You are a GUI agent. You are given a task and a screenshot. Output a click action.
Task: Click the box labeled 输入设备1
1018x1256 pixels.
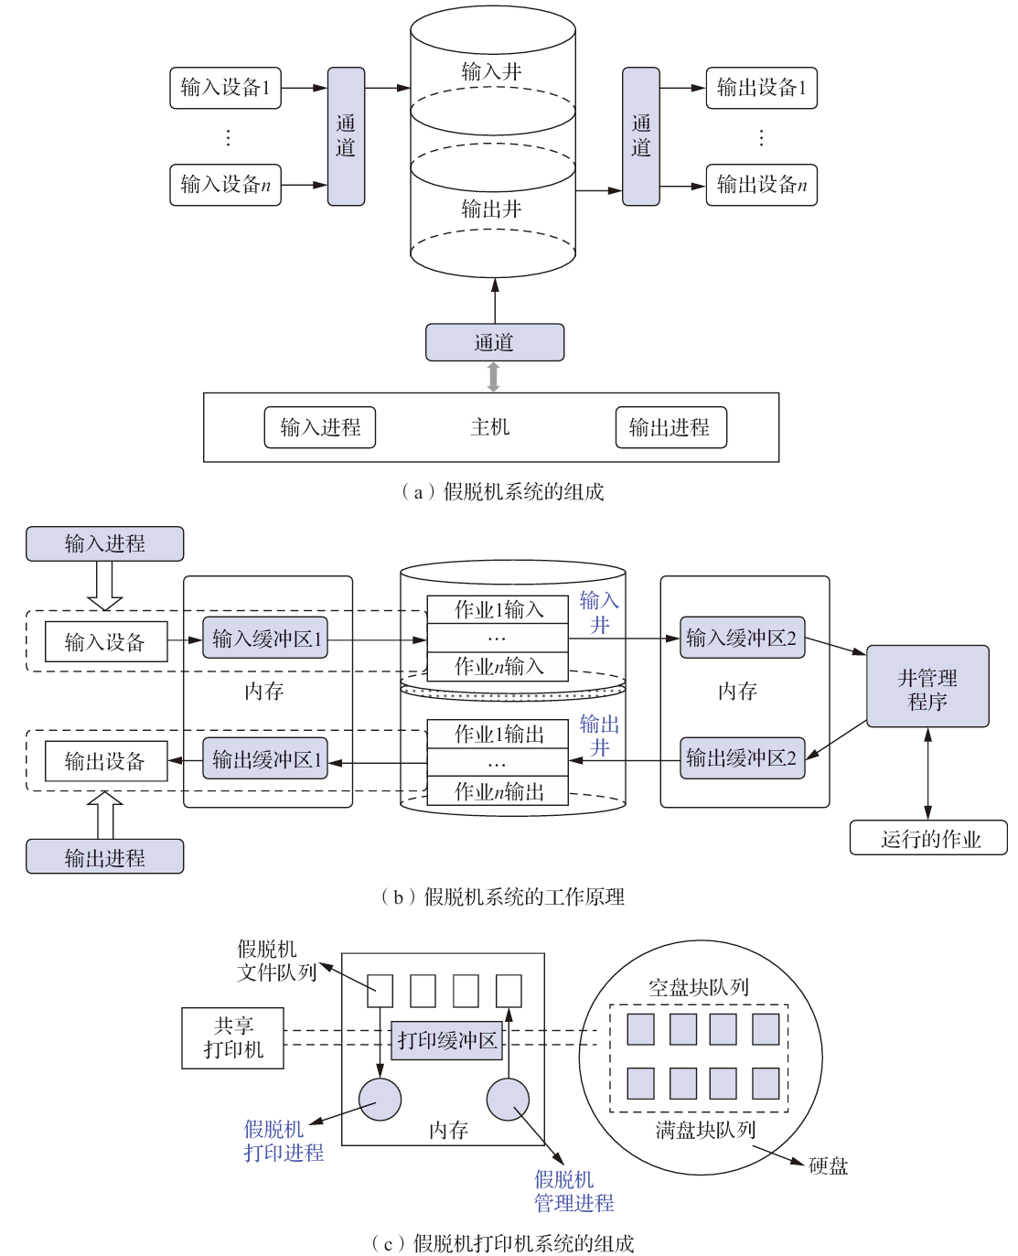click(x=225, y=88)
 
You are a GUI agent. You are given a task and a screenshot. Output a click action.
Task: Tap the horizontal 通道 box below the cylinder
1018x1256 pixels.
click(x=494, y=342)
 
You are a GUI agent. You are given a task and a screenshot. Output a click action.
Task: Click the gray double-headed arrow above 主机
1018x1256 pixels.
click(x=493, y=377)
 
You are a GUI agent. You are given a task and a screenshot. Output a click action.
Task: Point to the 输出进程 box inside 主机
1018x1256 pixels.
click(x=670, y=427)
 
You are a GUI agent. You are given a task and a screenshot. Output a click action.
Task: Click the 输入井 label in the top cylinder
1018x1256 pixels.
click(x=491, y=71)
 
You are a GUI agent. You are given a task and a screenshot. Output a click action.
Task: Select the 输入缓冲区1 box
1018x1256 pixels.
click(x=264, y=638)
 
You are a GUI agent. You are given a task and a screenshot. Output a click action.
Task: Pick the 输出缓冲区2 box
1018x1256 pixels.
click(x=742, y=757)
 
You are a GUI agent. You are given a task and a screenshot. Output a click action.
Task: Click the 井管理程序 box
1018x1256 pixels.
click(x=927, y=685)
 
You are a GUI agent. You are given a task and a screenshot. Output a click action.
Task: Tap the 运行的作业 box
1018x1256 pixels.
click(x=927, y=837)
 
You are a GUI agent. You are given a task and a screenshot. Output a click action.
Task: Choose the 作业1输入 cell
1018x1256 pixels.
click(x=497, y=609)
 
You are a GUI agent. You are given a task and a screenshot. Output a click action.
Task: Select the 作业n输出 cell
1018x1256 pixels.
click(x=497, y=790)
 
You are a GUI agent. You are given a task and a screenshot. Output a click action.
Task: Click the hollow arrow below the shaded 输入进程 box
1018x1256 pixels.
click(x=104, y=585)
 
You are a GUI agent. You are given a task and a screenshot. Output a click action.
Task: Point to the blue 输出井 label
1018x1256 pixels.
click(x=599, y=735)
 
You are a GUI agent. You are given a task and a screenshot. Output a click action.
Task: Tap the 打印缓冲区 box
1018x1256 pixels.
click(x=446, y=1040)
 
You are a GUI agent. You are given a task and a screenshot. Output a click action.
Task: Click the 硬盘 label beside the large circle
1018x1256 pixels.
click(x=828, y=1165)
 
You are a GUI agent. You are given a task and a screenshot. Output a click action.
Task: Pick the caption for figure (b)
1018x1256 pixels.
click(x=501, y=896)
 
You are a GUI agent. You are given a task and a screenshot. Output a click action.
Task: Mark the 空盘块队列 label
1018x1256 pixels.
click(x=698, y=986)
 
